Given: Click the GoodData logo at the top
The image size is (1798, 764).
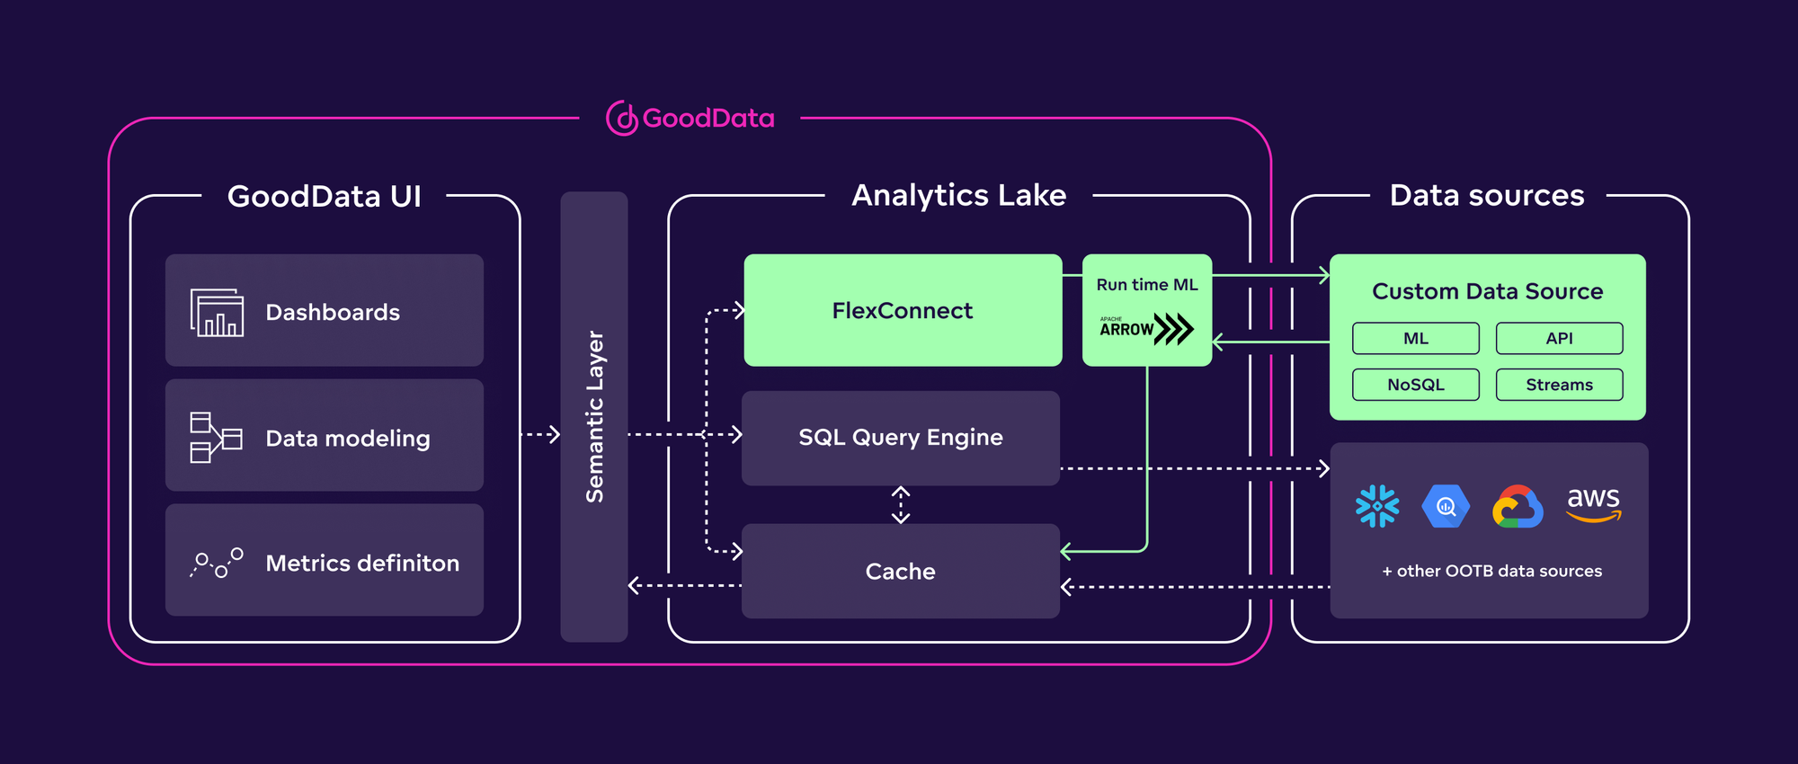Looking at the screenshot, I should click(x=690, y=118).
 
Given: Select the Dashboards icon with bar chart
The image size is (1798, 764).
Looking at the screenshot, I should click(x=217, y=312).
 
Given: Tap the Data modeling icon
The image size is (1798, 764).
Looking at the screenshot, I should click(x=216, y=437).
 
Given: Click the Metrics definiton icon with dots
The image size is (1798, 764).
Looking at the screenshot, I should click(x=217, y=563).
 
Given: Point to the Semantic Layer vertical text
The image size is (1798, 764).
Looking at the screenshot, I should click(x=594, y=416).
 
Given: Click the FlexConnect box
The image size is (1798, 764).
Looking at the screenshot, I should click(x=903, y=310).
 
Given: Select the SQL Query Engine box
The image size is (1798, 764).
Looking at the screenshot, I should click(x=901, y=438).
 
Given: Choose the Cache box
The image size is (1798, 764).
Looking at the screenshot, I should click(x=901, y=572).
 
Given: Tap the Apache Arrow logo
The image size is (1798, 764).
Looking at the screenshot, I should click(x=1146, y=329).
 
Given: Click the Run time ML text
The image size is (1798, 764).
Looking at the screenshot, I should click(x=1147, y=285).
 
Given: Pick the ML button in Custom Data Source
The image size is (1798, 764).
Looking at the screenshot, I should click(x=1416, y=339).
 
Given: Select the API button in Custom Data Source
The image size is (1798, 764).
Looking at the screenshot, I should click(x=1560, y=339).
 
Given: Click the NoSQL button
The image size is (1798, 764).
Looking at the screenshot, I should click(x=1416, y=385).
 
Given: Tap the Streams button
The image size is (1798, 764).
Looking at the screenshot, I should click(x=1560, y=385).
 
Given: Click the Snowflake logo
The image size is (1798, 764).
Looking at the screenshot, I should click(x=1377, y=506).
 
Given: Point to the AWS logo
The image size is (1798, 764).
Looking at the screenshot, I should click(x=1594, y=503).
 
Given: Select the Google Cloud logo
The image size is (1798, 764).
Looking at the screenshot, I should click(x=1518, y=507).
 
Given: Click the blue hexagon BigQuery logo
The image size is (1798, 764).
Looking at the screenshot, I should click(x=1446, y=506).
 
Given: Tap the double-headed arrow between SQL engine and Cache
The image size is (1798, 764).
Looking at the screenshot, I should click(x=901, y=505).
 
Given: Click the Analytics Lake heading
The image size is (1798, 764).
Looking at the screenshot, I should click(x=958, y=196).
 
